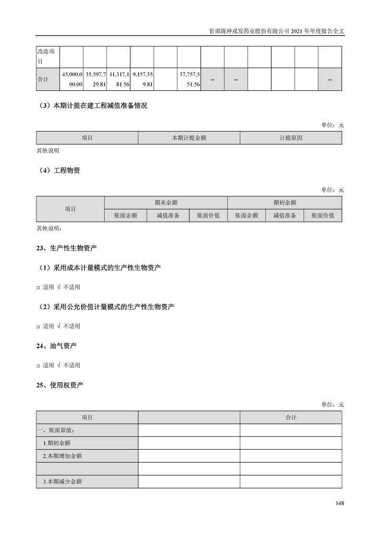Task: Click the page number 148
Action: [x=340, y=503]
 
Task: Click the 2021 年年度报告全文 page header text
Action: [x=277, y=31]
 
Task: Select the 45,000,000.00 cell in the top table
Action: [x=72, y=79]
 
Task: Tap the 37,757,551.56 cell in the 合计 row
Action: [x=189, y=79]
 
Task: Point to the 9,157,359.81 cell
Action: [x=142, y=79]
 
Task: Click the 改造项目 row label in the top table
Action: [x=46, y=57]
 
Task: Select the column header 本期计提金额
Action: [x=189, y=138]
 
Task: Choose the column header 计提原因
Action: [x=291, y=138]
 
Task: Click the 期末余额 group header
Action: [x=166, y=203]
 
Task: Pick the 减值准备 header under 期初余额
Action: [x=285, y=216]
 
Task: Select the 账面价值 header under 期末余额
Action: [x=208, y=216]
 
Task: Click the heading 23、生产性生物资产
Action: [x=67, y=248]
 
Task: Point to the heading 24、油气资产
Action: [x=57, y=346]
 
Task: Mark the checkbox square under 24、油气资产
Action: [x=38, y=366]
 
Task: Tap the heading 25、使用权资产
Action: [x=60, y=385]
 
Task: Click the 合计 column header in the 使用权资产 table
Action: [x=291, y=418]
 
